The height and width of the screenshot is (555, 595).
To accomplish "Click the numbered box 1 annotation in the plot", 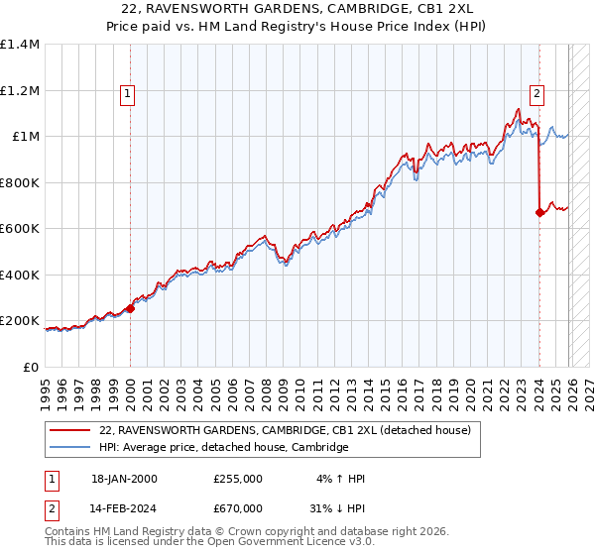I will pyautogui.click(x=129, y=95).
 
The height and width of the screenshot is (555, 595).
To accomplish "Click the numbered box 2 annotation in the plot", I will pyautogui.click(x=536, y=95).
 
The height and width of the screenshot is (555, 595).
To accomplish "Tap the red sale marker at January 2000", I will pyautogui.click(x=131, y=309).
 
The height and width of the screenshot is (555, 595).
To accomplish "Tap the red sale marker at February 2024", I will pyautogui.click(x=539, y=212).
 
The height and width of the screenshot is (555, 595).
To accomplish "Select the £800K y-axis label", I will pyautogui.click(x=20, y=182).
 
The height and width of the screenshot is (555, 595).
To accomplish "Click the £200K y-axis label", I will pyautogui.click(x=20, y=321).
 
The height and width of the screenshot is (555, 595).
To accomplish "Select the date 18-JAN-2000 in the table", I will pyautogui.click(x=124, y=479).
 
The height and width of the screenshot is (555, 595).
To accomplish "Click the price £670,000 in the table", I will pyautogui.click(x=238, y=509).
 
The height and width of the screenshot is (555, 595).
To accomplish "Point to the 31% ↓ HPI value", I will pyautogui.click(x=337, y=509).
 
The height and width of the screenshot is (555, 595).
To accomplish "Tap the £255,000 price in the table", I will pyautogui.click(x=238, y=479).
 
